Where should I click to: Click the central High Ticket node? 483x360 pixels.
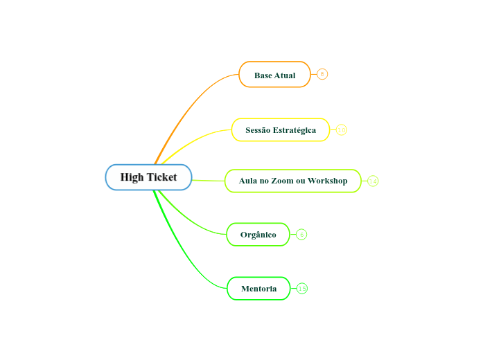(x=148, y=177)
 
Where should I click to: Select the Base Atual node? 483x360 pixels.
(x=274, y=75)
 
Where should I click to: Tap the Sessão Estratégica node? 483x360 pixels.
(x=280, y=130)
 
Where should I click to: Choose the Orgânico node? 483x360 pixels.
(x=258, y=235)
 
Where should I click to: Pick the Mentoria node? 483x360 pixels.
(x=258, y=289)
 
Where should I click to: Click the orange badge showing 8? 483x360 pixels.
(x=322, y=74)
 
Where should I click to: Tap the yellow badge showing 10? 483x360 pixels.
(x=342, y=129)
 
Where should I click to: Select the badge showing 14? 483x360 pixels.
(x=373, y=181)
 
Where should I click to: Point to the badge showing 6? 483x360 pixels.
(x=301, y=235)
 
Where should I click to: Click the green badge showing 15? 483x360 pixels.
(x=302, y=288)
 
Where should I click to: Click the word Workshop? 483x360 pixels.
(x=328, y=181)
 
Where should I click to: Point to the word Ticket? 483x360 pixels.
(x=161, y=177)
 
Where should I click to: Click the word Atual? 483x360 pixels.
(x=285, y=75)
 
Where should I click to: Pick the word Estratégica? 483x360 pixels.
(x=295, y=130)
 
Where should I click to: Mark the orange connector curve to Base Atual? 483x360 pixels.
(x=187, y=104)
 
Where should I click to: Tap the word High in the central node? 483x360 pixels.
(x=132, y=177)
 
